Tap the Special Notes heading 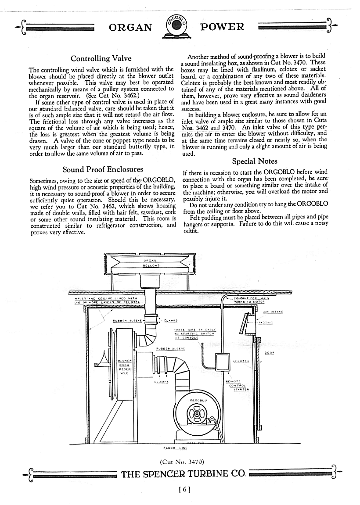point(255,161)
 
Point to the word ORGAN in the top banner point(130,27)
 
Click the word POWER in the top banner point(222,27)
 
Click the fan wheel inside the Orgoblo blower point(196,413)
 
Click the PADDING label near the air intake point(266,322)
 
